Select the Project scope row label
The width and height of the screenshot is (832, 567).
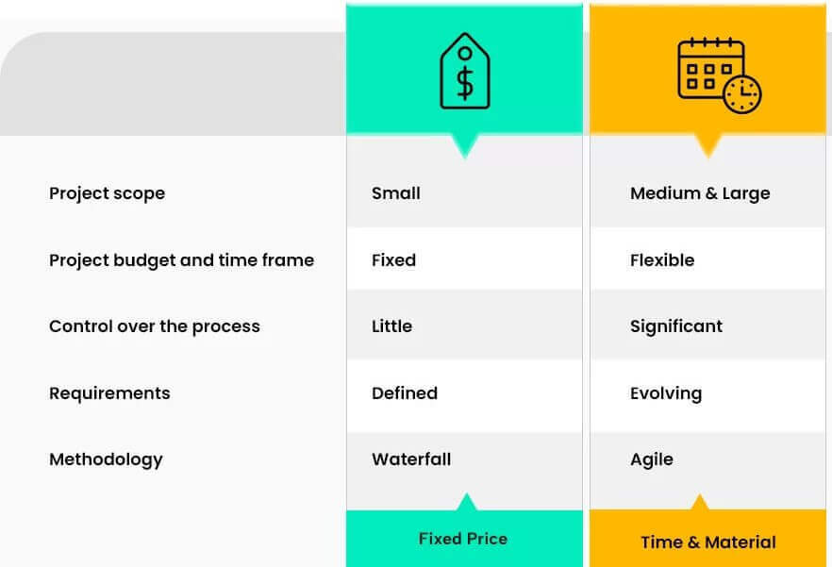[107, 193]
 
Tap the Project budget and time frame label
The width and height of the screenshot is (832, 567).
[181, 260]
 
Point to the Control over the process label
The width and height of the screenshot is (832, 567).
[154, 326]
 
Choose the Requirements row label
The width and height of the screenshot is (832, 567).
[109, 393]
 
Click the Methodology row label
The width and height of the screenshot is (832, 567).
[106, 459]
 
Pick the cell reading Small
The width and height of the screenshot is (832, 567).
[396, 193]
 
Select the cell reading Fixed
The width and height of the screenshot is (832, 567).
[393, 260]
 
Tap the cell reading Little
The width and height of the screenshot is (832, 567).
[391, 326]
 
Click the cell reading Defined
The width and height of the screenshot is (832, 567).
[405, 393]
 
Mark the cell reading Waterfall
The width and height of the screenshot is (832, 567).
[411, 459]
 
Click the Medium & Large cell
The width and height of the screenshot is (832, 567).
[700, 193]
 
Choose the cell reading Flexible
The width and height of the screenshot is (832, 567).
[662, 260]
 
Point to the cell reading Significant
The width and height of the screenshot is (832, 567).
[676, 326]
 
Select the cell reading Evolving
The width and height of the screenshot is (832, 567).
[666, 393]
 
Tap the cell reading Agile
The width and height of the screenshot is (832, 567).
[652, 459]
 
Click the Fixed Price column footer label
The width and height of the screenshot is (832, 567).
[463, 539]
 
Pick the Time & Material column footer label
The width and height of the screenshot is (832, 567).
[708, 542]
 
